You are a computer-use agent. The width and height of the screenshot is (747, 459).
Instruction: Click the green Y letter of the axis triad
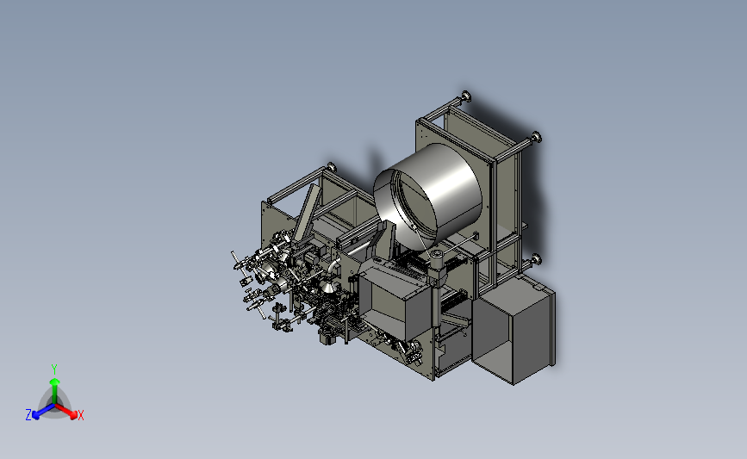53,369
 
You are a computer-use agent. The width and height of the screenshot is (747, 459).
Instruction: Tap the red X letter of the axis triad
80,415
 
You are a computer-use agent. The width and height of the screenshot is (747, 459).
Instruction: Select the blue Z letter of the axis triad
28,415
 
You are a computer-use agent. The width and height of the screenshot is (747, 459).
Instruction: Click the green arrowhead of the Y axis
54,381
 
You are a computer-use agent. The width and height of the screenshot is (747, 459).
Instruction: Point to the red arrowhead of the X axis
73,415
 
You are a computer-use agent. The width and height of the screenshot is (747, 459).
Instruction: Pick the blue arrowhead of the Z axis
35,415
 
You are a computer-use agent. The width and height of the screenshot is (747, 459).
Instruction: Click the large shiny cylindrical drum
428,193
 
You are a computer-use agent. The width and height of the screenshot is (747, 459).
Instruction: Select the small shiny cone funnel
327,287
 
